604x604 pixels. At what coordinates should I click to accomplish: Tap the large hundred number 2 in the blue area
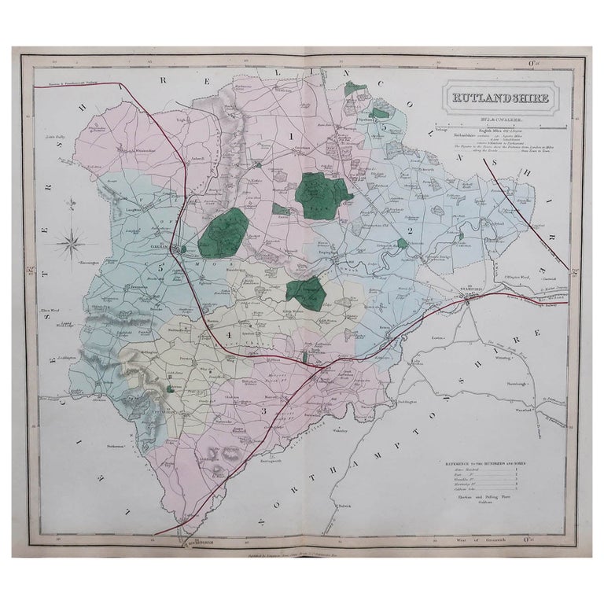pos(410,229)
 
